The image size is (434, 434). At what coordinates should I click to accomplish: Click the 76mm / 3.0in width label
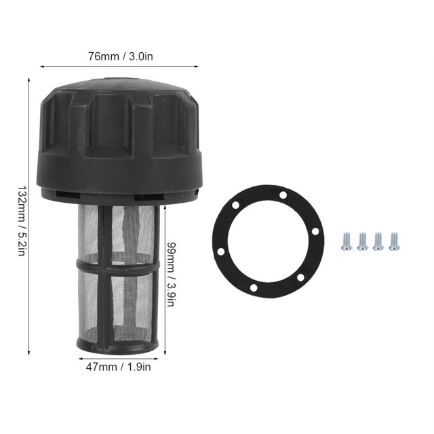(x=121, y=56)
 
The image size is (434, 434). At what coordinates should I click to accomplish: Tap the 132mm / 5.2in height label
(x=22, y=220)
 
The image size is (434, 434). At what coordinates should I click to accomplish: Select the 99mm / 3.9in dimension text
(x=170, y=274)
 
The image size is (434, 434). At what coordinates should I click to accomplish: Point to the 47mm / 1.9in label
(x=118, y=367)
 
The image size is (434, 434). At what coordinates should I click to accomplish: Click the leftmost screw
(x=347, y=241)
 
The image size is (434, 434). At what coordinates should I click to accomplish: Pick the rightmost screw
(x=394, y=241)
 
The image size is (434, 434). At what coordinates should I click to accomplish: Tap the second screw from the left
(x=362, y=241)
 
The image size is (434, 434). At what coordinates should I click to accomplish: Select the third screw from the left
(x=378, y=241)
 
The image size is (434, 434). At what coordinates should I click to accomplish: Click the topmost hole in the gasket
(x=283, y=195)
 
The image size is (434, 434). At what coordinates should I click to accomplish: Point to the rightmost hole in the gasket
(x=315, y=231)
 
